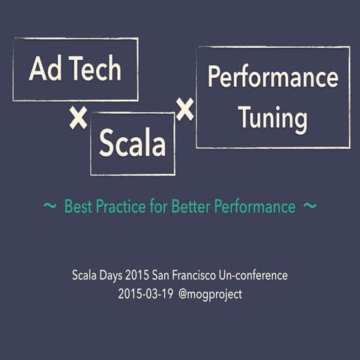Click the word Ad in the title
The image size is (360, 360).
[44, 69]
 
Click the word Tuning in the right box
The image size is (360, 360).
[272, 118]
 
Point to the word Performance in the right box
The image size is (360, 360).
[272, 77]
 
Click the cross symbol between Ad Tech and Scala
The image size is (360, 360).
[77, 118]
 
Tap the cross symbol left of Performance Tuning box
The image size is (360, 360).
[184, 110]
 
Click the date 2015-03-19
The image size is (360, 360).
[145, 294]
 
